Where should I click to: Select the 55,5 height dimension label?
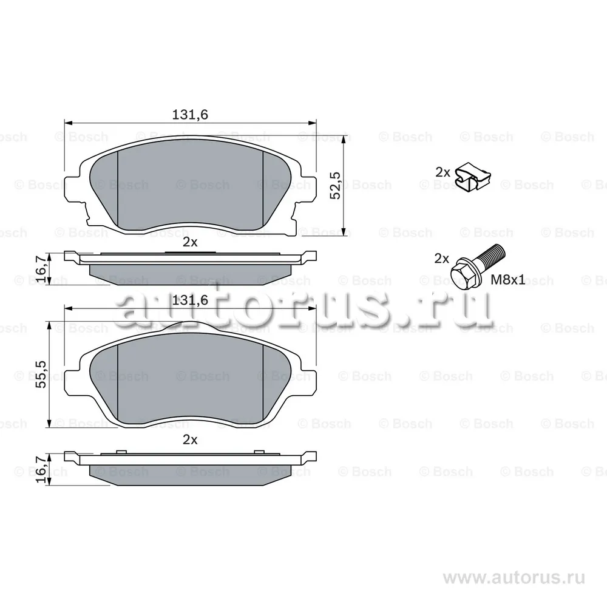[41, 374]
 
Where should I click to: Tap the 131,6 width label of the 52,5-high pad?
[189, 115]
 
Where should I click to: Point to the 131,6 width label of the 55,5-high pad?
[189, 300]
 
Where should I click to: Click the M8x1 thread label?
[508, 279]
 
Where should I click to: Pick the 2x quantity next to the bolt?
[442, 258]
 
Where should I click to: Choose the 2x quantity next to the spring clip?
[443, 172]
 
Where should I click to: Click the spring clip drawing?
[473, 177]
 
